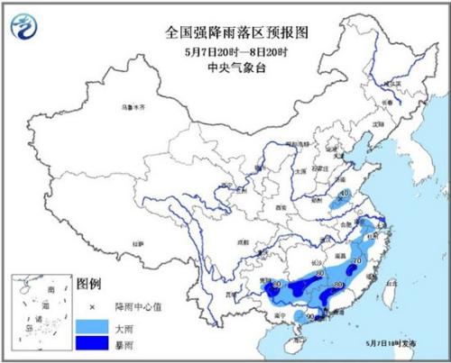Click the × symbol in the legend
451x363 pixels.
(x=90, y=304)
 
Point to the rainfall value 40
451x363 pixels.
(x=344, y=194)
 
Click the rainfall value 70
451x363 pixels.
(x=358, y=262)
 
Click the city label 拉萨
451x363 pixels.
(x=138, y=243)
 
